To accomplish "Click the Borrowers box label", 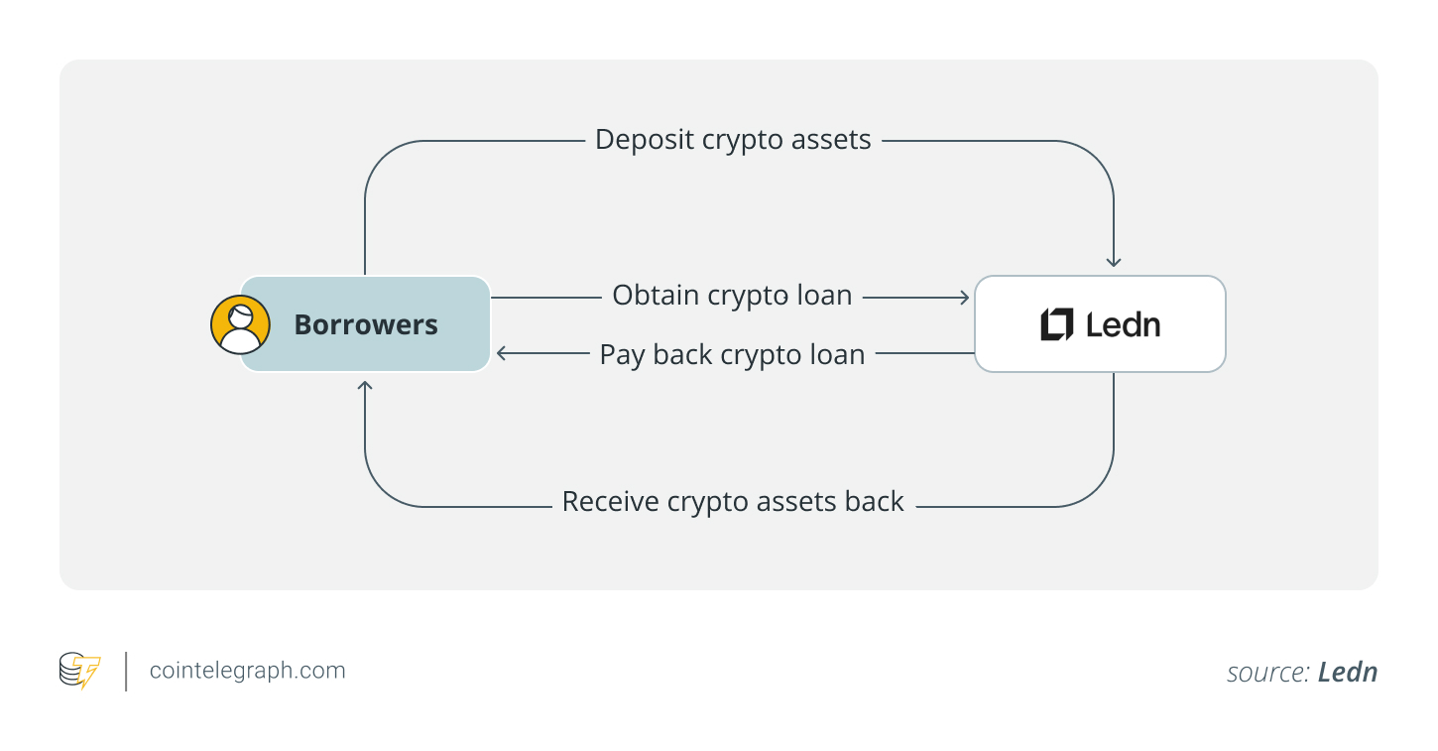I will pyautogui.click(x=366, y=324).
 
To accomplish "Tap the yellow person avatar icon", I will pyautogui.click(x=240, y=324).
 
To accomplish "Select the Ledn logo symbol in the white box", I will pyautogui.click(x=1056, y=324).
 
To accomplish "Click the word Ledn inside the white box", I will pyautogui.click(x=1123, y=324).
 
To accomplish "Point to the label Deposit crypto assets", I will pyautogui.click(x=733, y=140).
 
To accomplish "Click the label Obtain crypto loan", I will pyautogui.click(x=732, y=296).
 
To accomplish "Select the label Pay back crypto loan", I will pyautogui.click(x=732, y=354).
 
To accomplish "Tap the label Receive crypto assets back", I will pyautogui.click(x=733, y=502).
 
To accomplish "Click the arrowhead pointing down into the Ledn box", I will pyautogui.click(x=1114, y=262).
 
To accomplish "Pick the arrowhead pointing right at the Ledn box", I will pyautogui.click(x=964, y=297).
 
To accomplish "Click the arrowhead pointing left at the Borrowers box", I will pyautogui.click(x=502, y=353).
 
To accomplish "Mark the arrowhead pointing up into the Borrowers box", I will pyautogui.click(x=365, y=385).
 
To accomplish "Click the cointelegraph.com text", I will pyautogui.click(x=247, y=671).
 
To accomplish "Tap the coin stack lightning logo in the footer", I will pyautogui.click(x=79, y=671).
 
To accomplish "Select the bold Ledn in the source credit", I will pyautogui.click(x=1348, y=673).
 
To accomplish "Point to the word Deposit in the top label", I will pyautogui.click(x=645, y=140).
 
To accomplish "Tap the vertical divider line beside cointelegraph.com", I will pyautogui.click(x=126, y=671).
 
